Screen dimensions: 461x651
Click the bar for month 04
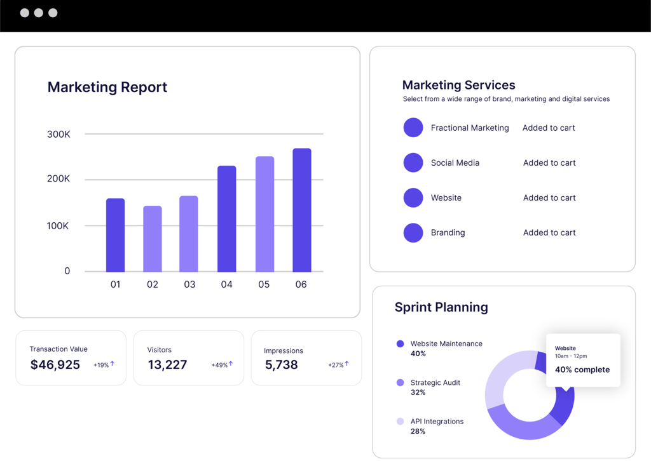226,218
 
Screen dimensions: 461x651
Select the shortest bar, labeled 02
152,239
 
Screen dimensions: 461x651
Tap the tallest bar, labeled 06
301,210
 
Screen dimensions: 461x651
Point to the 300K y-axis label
58,134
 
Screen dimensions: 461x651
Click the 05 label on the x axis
264,284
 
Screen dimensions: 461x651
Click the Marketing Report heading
107,87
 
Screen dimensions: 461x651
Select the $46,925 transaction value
55,364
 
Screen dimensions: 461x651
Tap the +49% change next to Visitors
219,365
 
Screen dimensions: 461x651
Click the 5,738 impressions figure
281,364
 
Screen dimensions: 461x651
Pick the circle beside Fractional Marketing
413,128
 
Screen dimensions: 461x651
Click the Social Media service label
455,163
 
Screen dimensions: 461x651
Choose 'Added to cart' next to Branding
549,232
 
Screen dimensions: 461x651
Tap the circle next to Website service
413,197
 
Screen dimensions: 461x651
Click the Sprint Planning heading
441,307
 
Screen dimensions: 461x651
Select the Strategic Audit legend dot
400,382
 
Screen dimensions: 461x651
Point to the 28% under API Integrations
418,431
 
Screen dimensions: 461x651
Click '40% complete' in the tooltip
582,370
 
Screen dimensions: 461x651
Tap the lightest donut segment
502,375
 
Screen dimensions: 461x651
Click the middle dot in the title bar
39,13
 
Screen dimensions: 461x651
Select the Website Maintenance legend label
446,344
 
